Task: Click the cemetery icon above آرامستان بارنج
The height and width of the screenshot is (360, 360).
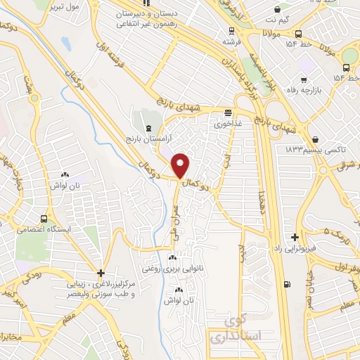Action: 148,128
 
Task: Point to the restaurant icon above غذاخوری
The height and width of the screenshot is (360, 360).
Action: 228,112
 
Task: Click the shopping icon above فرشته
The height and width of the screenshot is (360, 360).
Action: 229,31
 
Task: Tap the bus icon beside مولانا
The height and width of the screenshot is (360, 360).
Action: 299,33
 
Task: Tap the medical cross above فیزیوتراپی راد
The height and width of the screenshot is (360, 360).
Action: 295,238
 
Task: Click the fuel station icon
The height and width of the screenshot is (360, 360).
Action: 286,284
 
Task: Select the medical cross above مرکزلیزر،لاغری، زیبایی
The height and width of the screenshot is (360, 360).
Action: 101,273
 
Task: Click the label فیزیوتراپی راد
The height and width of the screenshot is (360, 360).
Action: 295,249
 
